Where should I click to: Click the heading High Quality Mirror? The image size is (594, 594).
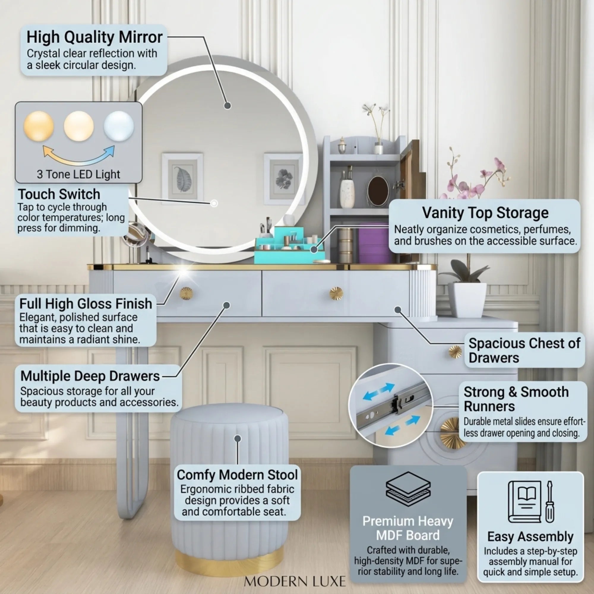(x=94, y=37)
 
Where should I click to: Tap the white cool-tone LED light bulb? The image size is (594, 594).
(x=119, y=126)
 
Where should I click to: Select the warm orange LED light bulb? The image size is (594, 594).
(x=39, y=126)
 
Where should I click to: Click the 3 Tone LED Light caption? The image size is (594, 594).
(x=78, y=174)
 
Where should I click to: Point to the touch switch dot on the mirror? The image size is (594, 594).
(x=214, y=203)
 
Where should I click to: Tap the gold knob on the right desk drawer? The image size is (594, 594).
(x=336, y=293)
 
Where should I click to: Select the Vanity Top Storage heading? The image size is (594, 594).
(x=485, y=213)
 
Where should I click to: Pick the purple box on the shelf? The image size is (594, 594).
(x=374, y=243)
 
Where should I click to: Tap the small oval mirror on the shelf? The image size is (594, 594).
(x=378, y=191)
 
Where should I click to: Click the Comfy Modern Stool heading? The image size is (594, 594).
(x=237, y=475)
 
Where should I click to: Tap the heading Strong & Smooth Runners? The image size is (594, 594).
(x=516, y=399)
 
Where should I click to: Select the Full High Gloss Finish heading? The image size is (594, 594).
(x=86, y=304)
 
